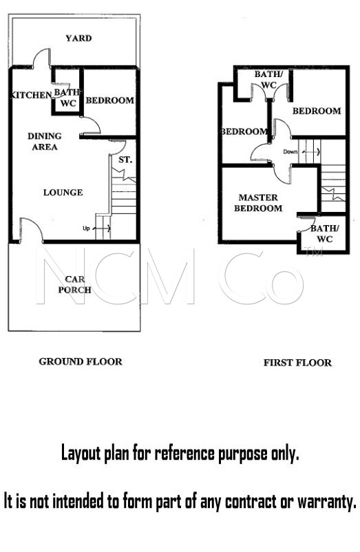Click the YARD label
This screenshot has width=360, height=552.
click(x=79, y=38)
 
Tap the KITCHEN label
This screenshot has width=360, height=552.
click(x=32, y=95)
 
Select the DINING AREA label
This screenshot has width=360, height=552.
click(x=44, y=141)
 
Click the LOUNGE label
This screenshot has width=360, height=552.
click(x=63, y=192)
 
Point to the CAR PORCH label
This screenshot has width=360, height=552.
click(x=74, y=284)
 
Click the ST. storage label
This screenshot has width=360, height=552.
click(x=125, y=160)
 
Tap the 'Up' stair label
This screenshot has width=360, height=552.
click(x=86, y=229)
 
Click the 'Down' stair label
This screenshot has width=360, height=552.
click(x=290, y=151)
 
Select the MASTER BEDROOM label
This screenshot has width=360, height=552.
click(x=258, y=203)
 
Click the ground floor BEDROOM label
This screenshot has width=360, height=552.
click(x=110, y=100)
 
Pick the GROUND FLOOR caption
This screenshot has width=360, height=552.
click(x=81, y=361)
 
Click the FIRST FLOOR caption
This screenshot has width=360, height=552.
click(x=298, y=363)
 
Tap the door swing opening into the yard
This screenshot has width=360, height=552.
click(x=42, y=57)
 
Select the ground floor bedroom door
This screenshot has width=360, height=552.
click(x=91, y=125)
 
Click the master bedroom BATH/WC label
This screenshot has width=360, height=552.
click(x=324, y=234)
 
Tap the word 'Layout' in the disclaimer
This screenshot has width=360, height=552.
click(x=81, y=453)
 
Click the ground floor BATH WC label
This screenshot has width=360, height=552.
click(x=67, y=98)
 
